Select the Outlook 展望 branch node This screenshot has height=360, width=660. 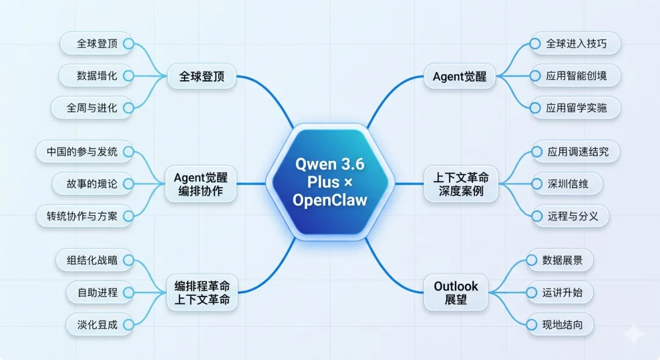click(456, 293)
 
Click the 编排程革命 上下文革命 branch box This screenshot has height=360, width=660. click(202, 293)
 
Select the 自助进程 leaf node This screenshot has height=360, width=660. click(98, 292)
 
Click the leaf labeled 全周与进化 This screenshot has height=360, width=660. click(92, 108)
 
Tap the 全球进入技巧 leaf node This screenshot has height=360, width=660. click(576, 43)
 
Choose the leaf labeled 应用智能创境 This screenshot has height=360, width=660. click(576, 76)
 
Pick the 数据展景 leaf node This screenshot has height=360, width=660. click(561, 260)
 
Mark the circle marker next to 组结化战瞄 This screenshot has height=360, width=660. click(128, 260)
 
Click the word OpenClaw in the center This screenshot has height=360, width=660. click(330, 200)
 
